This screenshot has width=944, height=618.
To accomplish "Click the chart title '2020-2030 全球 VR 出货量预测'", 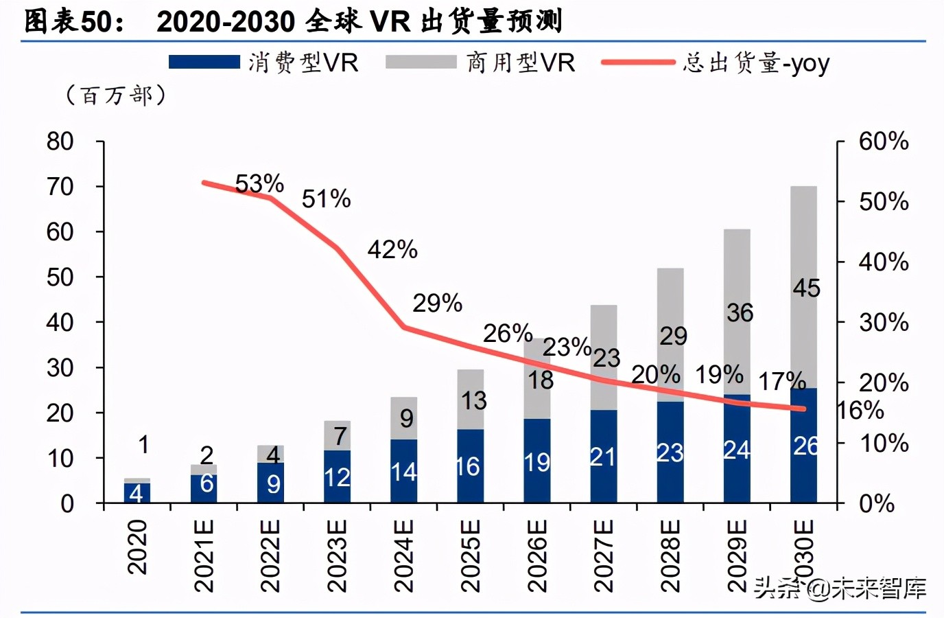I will pos(359,21).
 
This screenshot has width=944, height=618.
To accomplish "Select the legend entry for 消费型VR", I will pos(264,62).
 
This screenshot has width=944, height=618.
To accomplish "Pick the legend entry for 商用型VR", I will pos(480,62).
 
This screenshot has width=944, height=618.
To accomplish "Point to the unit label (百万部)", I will pos(115,95).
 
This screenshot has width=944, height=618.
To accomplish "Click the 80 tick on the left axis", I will pos(60,141).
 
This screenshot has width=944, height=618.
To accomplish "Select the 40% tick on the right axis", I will pos(884,262).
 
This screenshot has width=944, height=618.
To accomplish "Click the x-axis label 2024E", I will pos(403,556).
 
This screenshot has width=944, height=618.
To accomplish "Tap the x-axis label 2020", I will pos(137,547).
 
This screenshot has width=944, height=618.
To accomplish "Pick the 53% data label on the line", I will pos(259,183).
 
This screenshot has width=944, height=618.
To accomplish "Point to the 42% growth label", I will pos(392,249).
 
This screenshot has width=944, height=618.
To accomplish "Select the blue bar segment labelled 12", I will pos(338,477).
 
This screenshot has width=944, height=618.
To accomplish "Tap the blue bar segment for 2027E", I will pos(604,457).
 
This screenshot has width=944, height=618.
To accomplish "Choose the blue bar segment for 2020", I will pos(137,493).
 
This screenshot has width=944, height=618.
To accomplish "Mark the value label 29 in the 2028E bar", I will pos(673,336).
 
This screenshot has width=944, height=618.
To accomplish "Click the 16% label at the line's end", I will pos(861,411).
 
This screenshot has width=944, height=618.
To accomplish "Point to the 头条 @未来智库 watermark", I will pos(840,588).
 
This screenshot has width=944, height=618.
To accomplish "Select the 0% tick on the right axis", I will pos(877,503).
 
